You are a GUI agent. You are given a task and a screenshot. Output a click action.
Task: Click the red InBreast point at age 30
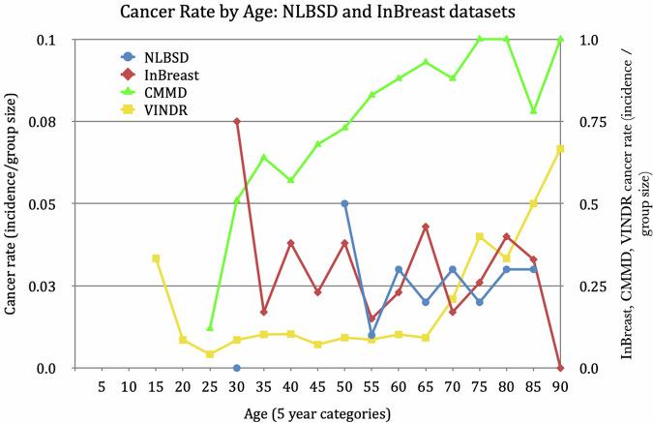point(237,122)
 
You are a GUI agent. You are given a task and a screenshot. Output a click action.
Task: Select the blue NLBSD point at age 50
point(344,204)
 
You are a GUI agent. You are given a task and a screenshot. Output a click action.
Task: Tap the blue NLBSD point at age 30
point(237,368)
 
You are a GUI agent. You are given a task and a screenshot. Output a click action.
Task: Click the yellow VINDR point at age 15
point(156,258)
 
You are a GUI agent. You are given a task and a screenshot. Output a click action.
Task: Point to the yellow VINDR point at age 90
point(560,149)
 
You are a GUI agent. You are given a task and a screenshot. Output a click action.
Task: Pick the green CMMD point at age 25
point(210,328)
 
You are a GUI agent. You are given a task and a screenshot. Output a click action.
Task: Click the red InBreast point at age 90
point(560,368)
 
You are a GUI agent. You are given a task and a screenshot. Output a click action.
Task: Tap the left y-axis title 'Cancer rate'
point(12,203)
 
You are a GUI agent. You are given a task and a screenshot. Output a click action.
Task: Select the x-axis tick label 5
point(102,387)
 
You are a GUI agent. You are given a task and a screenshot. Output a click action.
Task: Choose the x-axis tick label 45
point(317,387)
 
